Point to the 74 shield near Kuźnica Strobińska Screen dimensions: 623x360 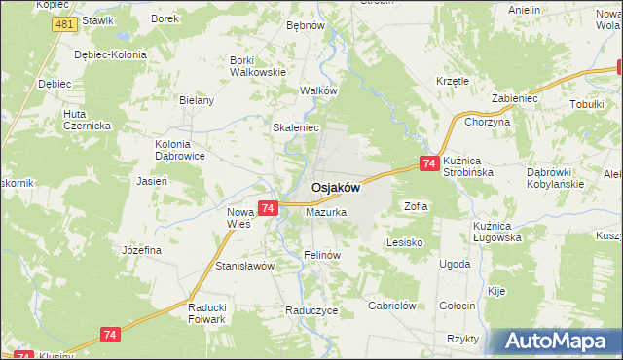[428, 165]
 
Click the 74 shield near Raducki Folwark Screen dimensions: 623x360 [110, 335]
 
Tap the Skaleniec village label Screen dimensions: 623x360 [296, 127]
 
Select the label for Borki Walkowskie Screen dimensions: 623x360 [257, 65]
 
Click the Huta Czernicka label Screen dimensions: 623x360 [87, 120]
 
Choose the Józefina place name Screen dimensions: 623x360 [141, 250]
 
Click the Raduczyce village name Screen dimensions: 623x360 [311, 310]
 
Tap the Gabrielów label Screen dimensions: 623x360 [392, 305]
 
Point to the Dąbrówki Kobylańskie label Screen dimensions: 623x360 [554, 177]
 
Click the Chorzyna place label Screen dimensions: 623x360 [488, 123]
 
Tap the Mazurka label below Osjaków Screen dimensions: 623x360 [326, 211]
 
